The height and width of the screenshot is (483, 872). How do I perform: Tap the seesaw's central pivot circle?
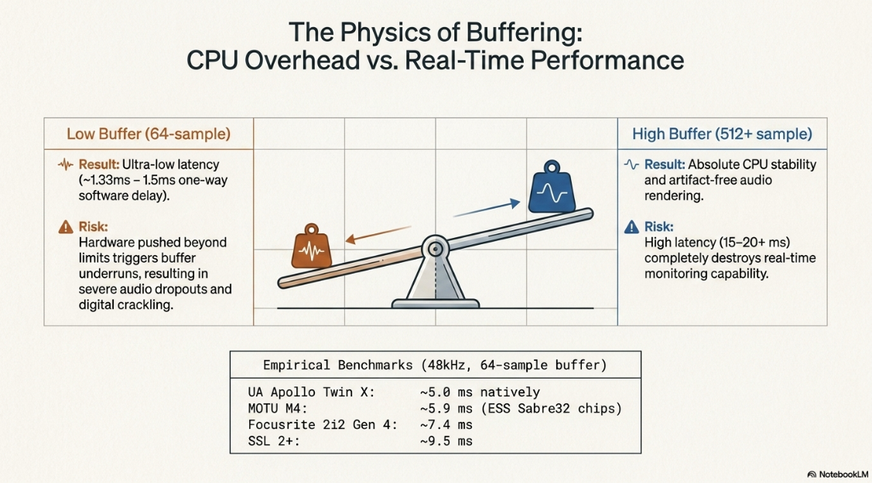point(435,249)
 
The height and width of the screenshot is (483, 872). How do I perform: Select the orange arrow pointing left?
point(378,235)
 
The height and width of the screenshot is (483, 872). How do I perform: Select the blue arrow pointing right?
point(487,209)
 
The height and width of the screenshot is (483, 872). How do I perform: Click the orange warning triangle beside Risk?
point(66,226)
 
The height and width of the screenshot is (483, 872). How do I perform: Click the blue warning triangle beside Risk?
point(631,226)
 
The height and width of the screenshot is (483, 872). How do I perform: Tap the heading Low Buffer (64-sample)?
point(149,134)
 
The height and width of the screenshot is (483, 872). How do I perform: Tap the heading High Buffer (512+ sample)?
point(722,134)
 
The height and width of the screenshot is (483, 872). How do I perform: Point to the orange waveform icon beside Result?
point(66,165)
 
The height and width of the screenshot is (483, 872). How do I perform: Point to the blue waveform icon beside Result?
point(631,165)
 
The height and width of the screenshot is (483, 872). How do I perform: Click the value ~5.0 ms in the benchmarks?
point(446,393)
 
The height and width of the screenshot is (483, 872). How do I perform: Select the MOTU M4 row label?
point(278,409)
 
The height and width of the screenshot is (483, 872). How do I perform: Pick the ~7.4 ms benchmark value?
point(446,425)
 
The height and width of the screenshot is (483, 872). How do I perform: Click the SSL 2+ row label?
point(274,441)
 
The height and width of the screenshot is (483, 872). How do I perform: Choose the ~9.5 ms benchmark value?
point(446,441)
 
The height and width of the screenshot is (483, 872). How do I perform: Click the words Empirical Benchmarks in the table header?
point(337,365)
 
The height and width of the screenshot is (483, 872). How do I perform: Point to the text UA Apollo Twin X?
point(311,393)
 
